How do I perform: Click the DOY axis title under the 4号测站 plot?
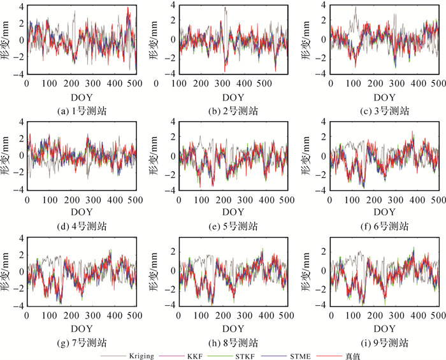[82, 212]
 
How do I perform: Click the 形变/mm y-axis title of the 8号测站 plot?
[155, 271]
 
